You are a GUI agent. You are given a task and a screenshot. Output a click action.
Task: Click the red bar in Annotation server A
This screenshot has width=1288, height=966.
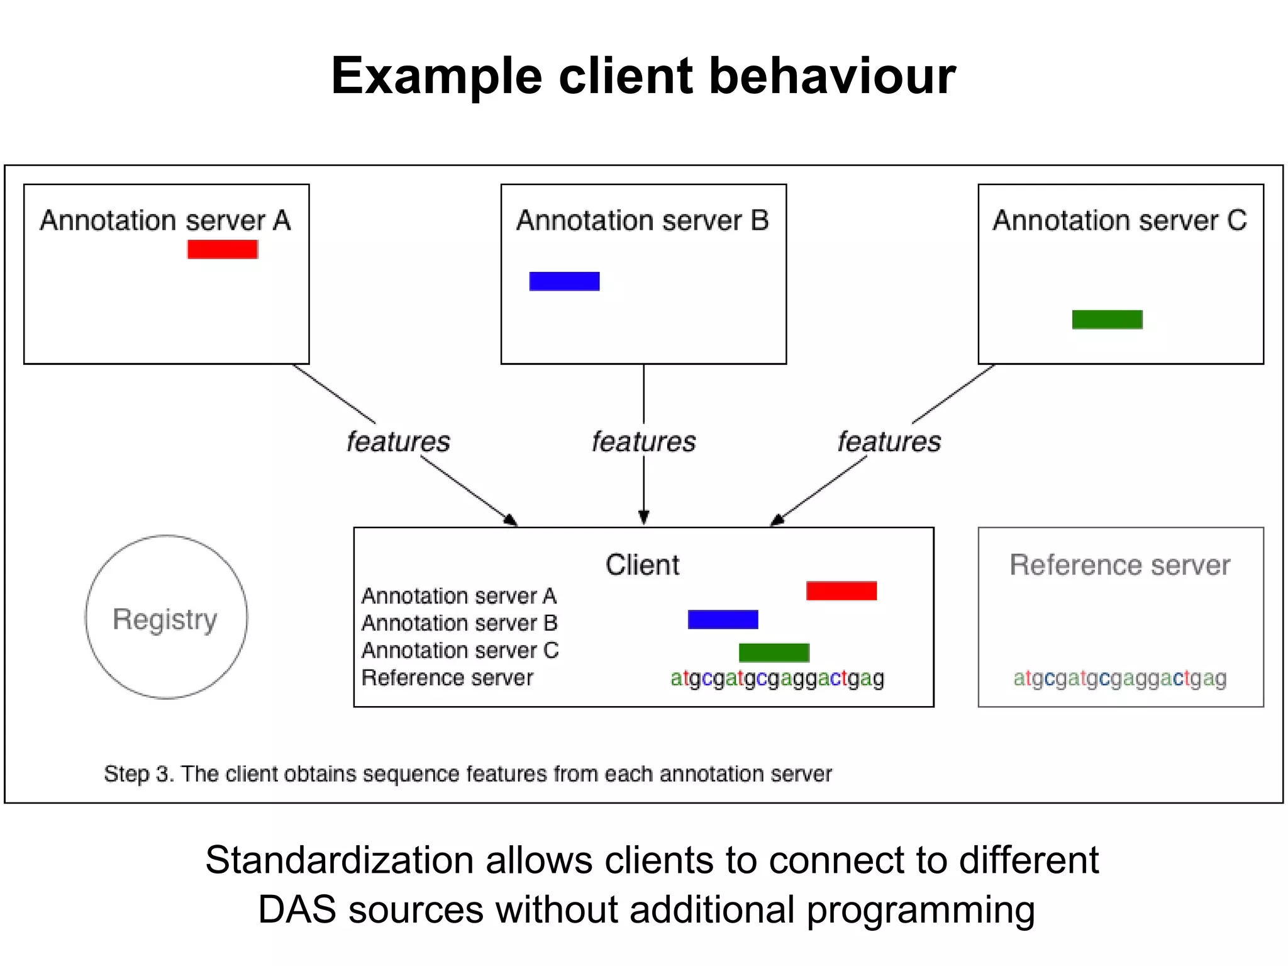pyautogui.click(x=223, y=249)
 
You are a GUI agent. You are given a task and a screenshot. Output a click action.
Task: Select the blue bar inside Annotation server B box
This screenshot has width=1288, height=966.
pyautogui.click(x=564, y=281)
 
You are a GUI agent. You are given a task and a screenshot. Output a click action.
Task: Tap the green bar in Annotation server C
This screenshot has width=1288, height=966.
pyautogui.click(x=1107, y=320)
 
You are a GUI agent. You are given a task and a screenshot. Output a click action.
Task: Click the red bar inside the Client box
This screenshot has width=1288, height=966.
pyautogui.click(x=841, y=591)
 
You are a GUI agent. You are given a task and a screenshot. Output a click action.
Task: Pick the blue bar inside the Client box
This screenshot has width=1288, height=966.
pyautogui.click(x=723, y=620)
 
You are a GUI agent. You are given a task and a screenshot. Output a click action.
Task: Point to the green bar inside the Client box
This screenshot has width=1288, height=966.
pyautogui.click(x=774, y=653)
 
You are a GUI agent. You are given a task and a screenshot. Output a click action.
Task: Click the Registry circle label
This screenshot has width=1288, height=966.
pyautogui.click(x=165, y=619)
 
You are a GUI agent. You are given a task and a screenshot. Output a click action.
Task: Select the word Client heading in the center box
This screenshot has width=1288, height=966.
pyautogui.click(x=642, y=564)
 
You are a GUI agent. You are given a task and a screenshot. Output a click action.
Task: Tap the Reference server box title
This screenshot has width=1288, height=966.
pyautogui.click(x=1119, y=564)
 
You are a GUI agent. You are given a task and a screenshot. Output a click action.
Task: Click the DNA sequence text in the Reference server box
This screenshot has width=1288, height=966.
pyautogui.click(x=1119, y=678)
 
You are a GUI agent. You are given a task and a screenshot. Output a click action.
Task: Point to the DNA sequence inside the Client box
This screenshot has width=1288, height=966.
pyautogui.click(x=777, y=678)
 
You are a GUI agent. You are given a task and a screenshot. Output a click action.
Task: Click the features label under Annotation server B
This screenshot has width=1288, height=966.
pyautogui.click(x=643, y=441)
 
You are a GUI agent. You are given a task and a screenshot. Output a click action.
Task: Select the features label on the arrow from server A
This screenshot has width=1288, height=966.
pyautogui.click(x=398, y=441)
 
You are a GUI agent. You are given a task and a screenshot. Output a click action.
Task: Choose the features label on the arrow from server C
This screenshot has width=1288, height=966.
pyautogui.click(x=889, y=441)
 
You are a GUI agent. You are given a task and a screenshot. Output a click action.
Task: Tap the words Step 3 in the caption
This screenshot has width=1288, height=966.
pyautogui.click(x=138, y=773)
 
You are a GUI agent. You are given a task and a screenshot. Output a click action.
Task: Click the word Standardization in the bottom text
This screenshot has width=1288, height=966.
pyautogui.click(x=340, y=860)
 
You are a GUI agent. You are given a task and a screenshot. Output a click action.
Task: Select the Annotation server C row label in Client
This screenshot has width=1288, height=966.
pyautogui.click(x=460, y=650)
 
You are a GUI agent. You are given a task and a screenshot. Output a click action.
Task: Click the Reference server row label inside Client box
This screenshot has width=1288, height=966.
pyautogui.click(x=447, y=678)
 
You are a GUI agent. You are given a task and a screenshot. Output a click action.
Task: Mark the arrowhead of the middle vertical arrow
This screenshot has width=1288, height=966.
pyautogui.click(x=643, y=518)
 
